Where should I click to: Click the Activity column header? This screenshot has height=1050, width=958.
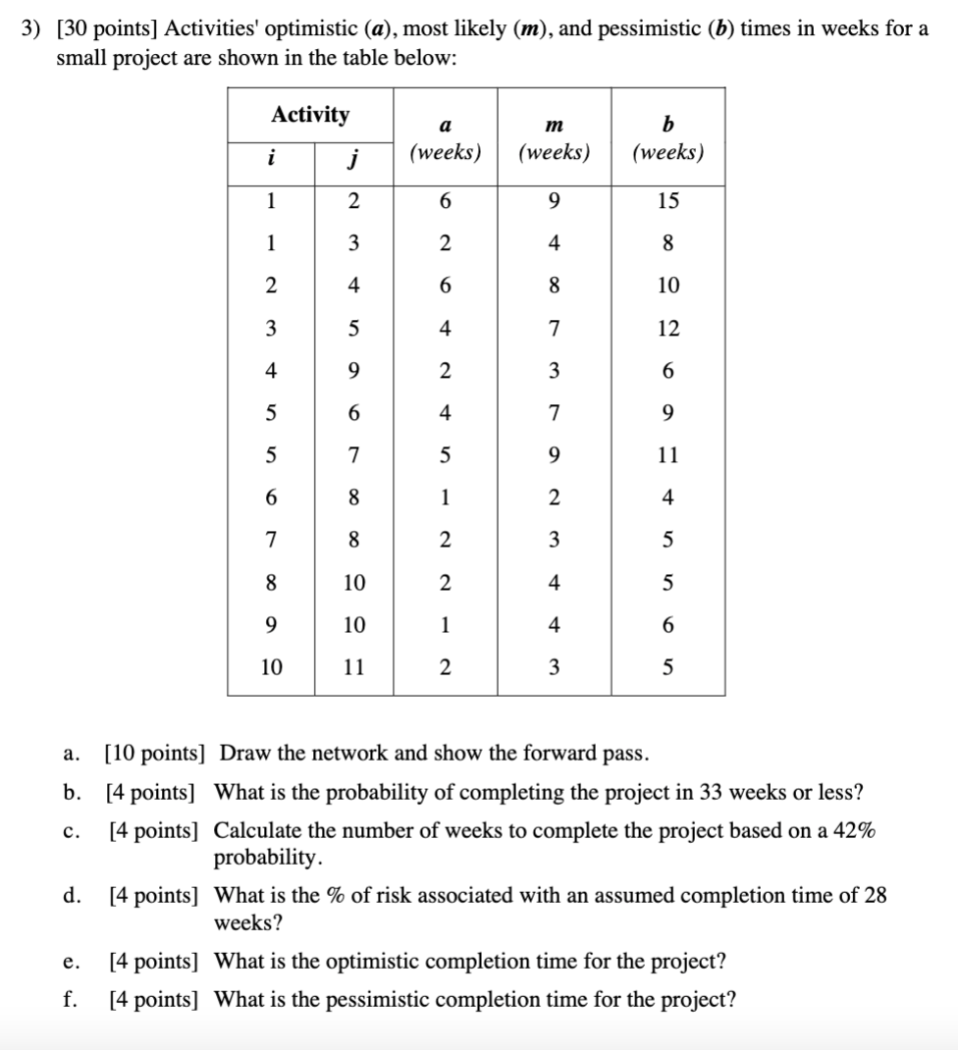pos(310,115)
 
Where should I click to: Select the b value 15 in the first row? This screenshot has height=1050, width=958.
pos(667,201)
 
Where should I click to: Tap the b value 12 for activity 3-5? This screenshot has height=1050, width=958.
pos(667,329)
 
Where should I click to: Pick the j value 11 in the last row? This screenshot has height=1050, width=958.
pos(354,668)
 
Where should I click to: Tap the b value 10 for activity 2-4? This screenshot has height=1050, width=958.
pos(667,286)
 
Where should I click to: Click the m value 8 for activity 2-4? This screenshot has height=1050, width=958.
pos(554,286)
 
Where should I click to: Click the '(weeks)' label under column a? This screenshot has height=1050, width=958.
pos(445,154)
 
